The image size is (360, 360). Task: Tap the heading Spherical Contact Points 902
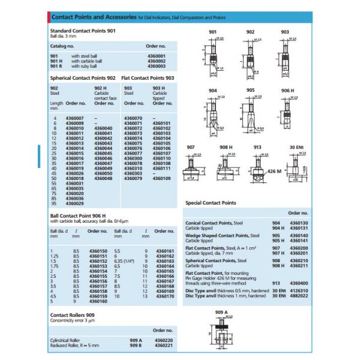[x=83, y=78]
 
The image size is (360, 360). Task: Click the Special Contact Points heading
[x=211, y=203]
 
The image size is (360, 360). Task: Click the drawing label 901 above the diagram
[x=213, y=32]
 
